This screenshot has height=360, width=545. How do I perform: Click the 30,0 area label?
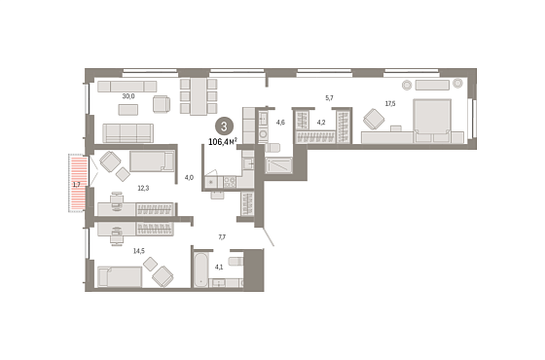tap(128, 96)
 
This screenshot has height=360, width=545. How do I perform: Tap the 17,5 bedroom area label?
tap(390, 103)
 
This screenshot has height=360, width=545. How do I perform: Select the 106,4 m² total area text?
tap(223, 141)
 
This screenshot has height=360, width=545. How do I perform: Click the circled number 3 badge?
tap(224, 126)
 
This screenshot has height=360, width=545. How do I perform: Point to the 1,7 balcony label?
tap(77, 185)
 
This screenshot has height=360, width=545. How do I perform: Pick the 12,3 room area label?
tap(143, 189)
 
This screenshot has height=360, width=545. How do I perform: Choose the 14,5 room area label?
tap(139, 251)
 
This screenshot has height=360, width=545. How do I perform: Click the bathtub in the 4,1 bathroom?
tap(200, 270)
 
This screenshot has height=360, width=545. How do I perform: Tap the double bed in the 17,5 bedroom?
tap(432, 121)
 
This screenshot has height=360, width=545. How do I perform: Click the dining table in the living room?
tap(199, 96)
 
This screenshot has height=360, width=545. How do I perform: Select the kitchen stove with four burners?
tap(230, 183)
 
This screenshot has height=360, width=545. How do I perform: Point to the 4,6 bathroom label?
tap(280, 123)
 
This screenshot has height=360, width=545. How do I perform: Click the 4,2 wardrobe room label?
tap(321, 123)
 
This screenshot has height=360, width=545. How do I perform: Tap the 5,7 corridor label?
tap(329, 98)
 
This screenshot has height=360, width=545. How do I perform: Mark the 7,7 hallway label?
tap(222, 237)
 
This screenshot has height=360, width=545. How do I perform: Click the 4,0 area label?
tap(189, 177)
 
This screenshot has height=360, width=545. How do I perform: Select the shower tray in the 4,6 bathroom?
tap(278, 165)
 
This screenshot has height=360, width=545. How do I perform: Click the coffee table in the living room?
tap(128, 110)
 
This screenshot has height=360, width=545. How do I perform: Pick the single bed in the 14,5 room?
tap(120, 276)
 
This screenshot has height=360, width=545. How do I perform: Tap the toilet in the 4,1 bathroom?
tap(236, 261)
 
